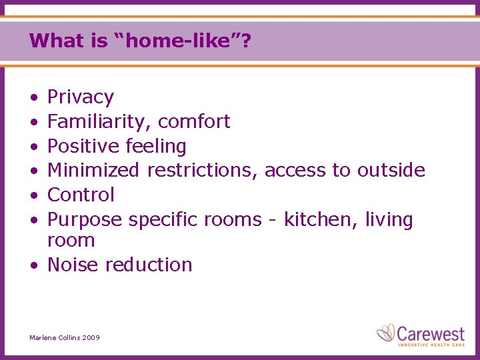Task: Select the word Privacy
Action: (81, 97)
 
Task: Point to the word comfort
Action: (194, 122)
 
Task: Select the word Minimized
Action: (93, 171)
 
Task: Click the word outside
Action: (391, 171)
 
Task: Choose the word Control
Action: (81, 195)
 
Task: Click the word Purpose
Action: (85, 219)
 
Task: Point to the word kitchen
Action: (321, 219)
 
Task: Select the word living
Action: (389, 219)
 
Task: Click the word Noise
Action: (73, 265)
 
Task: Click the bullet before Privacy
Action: (33, 98)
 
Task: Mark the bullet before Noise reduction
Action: (33, 265)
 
